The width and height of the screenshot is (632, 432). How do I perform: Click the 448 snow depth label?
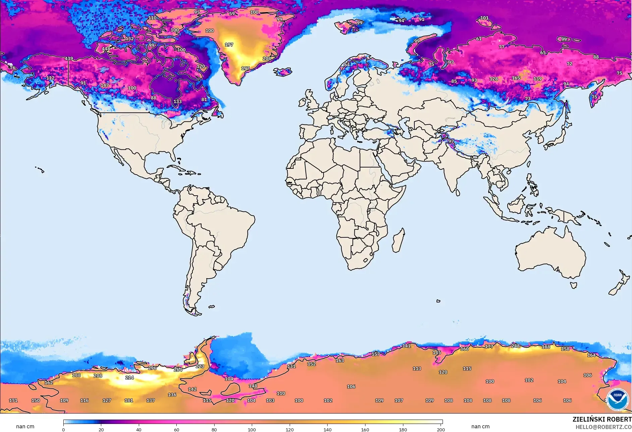point(106,49)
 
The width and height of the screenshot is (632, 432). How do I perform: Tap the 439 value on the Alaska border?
point(69,58)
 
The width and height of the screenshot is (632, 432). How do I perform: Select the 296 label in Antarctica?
point(152,368)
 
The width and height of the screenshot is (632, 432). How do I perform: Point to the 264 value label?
point(178,370)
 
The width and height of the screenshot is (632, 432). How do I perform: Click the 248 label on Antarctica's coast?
point(515,346)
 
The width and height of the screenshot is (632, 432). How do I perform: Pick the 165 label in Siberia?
point(516,78)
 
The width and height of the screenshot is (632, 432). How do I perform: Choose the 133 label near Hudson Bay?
point(177,101)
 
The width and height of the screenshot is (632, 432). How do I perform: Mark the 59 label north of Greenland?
point(232,14)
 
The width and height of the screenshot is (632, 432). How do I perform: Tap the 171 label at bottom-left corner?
point(13,400)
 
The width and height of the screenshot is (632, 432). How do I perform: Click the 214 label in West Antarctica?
point(129,378)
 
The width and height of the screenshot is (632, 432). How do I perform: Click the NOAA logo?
point(617,399)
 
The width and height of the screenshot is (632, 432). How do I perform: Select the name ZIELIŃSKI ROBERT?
point(602,419)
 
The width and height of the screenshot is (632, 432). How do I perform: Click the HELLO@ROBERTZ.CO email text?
point(604,427)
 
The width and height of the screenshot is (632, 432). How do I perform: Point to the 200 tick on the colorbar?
point(441,430)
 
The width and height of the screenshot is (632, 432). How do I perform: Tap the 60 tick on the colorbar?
point(176,430)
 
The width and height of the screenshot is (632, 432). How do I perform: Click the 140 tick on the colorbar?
point(327,430)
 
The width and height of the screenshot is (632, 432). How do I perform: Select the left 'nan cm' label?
point(25,427)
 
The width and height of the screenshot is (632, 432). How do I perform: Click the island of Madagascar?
point(398,241)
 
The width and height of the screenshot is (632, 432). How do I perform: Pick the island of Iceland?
point(282,72)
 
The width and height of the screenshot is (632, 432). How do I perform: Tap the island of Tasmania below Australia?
point(574,285)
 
